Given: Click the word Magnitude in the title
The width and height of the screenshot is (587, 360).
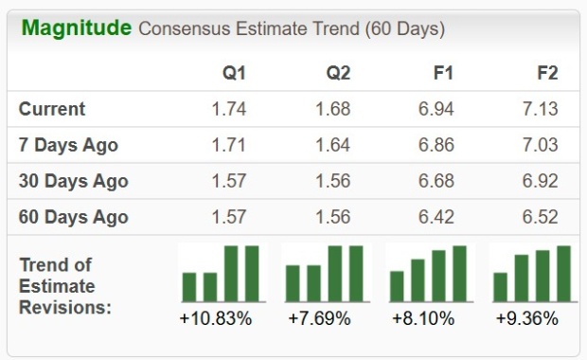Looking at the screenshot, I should [x=76, y=27].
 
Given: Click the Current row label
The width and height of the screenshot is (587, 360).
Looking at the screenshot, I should [x=52, y=109].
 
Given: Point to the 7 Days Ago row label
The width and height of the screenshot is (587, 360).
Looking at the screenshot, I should [x=68, y=145].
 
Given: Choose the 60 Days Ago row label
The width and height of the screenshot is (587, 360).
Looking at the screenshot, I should [x=73, y=217].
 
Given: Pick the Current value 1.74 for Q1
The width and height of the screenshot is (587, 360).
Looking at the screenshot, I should [x=228, y=109].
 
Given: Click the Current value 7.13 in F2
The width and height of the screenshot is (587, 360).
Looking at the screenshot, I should [x=540, y=109].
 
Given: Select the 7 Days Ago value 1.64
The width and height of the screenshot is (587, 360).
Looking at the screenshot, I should [x=332, y=145].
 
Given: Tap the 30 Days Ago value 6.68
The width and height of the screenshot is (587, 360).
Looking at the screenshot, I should [x=436, y=181].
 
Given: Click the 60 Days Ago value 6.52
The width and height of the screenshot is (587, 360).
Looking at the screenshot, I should [x=540, y=217].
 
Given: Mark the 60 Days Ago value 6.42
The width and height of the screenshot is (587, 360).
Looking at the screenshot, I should [x=436, y=217].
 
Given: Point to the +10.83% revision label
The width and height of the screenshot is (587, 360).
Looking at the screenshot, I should [x=216, y=318].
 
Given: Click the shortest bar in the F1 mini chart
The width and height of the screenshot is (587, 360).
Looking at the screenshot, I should [x=397, y=285].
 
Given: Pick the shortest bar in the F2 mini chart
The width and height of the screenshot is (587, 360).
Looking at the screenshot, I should [x=501, y=286].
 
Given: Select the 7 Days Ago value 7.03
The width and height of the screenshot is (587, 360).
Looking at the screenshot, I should [x=540, y=145].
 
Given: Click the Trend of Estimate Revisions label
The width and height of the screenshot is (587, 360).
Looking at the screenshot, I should [x=64, y=285].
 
